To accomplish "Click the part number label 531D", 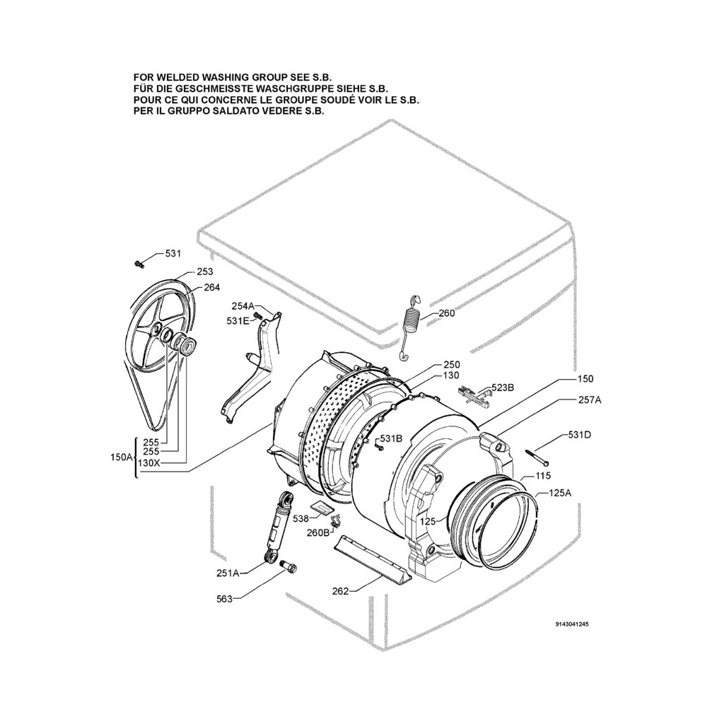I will click(578, 435).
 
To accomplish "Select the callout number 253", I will click(204, 271).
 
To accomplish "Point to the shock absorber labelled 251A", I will click(279, 527).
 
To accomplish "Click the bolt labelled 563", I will click(288, 567).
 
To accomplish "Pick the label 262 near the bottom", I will click(340, 591).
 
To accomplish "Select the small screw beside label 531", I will click(139, 264).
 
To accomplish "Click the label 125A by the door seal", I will click(559, 494).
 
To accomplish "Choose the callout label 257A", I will click(589, 400).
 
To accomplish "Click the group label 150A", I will click(121, 457).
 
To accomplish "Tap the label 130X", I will click(148, 463).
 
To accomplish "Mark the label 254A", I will click(243, 306).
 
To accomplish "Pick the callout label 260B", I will click(319, 532).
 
